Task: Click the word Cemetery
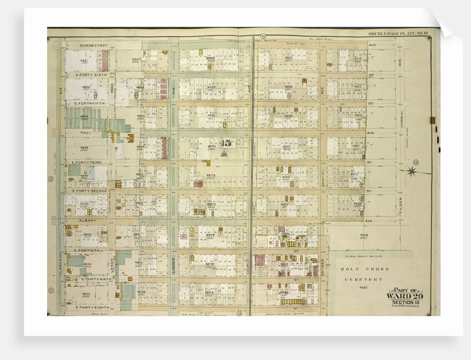click(x=364, y=280)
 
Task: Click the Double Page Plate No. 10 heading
click(x=398, y=34)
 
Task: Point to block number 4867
click(x=136, y=60)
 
